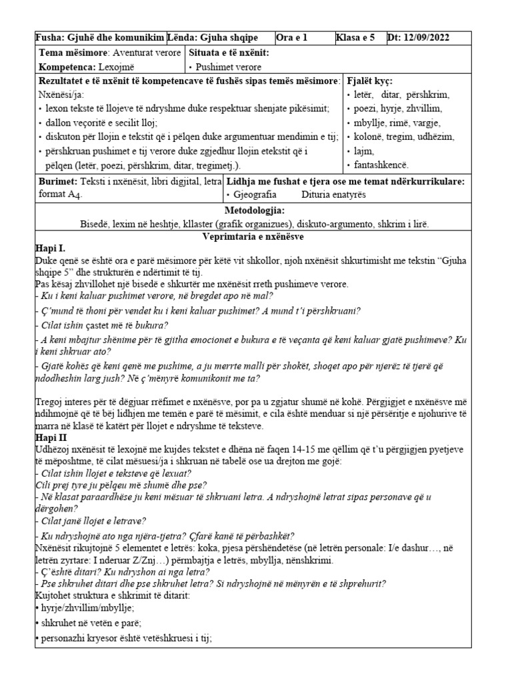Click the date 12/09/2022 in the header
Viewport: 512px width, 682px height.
(441, 38)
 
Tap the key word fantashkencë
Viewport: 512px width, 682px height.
(381, 165)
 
